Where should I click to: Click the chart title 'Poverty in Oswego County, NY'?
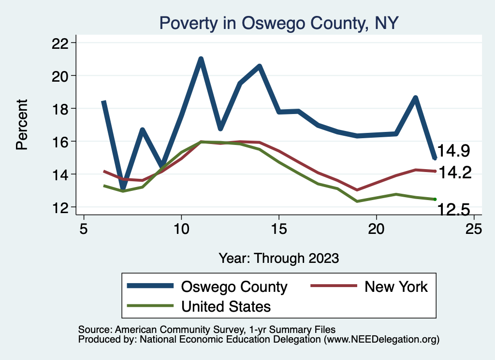click(278, 23)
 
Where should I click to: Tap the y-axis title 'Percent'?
click(22, 125)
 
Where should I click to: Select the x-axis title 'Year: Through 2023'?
click(278, 258)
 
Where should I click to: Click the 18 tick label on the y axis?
click(63, 109)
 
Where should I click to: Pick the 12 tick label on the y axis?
click(63, 207)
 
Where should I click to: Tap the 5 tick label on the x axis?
click(84, 229)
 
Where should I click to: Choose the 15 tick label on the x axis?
click(278, 229)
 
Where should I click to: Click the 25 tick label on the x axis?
click(474, 229)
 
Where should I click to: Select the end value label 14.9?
click(453, 151)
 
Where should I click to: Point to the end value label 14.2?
click(454, 173)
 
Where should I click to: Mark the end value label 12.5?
click(453, 210)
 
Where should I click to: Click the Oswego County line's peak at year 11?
click(201, 59)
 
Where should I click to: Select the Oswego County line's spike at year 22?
click(415, 98)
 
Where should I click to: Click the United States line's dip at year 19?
click(357, 201)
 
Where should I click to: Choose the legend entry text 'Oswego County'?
click(234, 287)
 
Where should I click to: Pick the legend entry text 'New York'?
click(396, 287)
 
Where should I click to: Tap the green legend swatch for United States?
click(150, 306)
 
